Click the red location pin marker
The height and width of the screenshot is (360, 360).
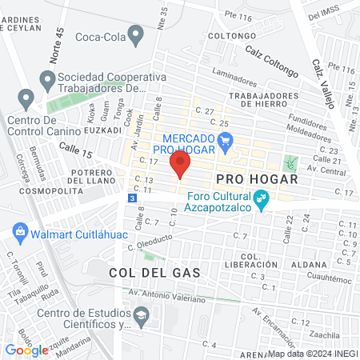coord(180,165)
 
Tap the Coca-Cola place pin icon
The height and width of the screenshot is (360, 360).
coord(135,35)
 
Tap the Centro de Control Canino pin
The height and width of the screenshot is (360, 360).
coord(27,101)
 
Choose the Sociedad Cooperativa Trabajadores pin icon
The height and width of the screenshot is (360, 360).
coord(46,80)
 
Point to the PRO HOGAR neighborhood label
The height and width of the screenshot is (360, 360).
coord(256,179)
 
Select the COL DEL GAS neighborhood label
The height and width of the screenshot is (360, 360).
coord(154,273)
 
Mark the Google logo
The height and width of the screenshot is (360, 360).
coord(26,349)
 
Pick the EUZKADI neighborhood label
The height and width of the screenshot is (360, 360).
coord(80,129)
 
